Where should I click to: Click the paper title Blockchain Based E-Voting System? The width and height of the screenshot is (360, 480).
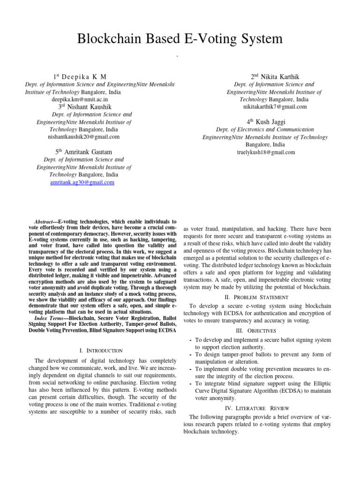click(x=180, y=39)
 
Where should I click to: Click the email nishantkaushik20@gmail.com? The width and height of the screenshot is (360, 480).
click(x=83, y=137)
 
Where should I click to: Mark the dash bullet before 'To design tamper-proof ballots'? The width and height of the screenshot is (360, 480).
click(x=189, y=354)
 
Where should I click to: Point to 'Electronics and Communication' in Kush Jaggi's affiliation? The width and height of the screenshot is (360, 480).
click(x=277, y=129)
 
